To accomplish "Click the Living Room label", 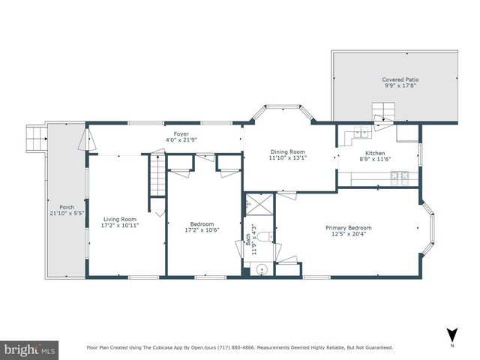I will (x=121, y=218).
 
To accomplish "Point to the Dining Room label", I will (x=289, y=151).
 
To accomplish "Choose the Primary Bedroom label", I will (x=348, y=227).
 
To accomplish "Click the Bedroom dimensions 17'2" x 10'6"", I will (x=202, y=230).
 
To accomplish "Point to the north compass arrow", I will (x=451, y=335).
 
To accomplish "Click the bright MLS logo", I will (x=30, y=349).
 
